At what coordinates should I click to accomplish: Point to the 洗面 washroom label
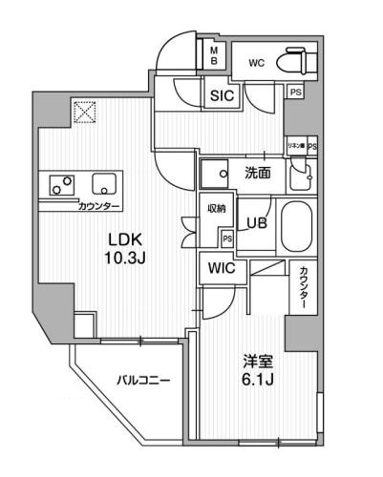click(256, 174)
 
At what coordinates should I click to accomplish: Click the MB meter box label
click(215, 55)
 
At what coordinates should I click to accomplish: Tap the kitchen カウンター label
click(73, 206)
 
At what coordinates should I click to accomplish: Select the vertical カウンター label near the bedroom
click(303, 285)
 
